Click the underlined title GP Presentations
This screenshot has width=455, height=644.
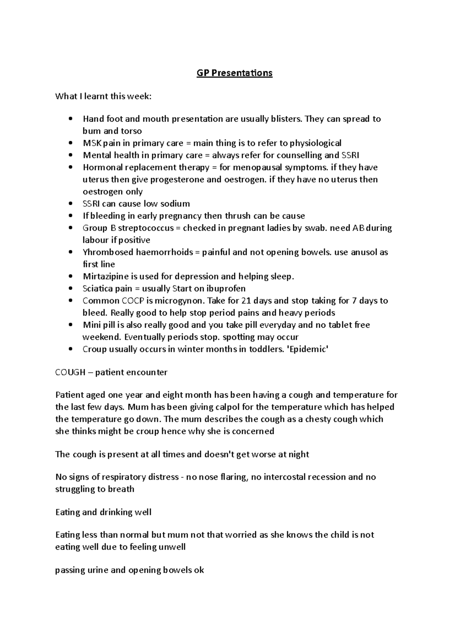coord(234,73)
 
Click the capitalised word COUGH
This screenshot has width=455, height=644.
coord(70,372)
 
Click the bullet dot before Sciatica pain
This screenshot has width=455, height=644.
coord(71,289)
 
